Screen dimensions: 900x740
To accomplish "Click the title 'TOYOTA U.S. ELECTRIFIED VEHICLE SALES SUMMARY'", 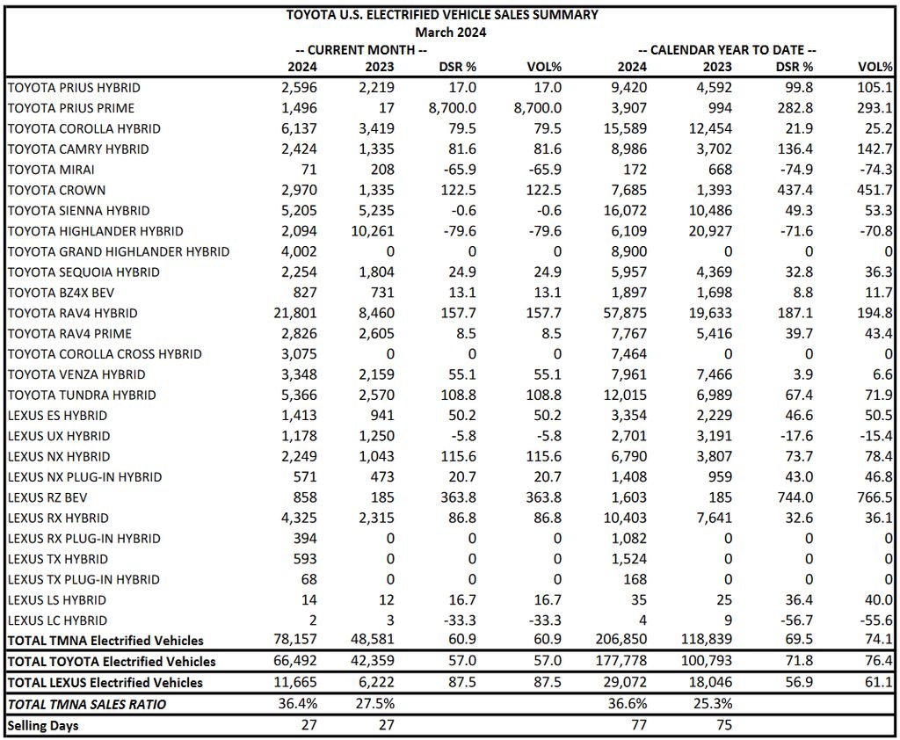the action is point(442,15).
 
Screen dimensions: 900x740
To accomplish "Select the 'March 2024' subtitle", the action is point(451,33).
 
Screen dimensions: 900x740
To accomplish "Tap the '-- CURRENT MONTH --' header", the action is point(361,50).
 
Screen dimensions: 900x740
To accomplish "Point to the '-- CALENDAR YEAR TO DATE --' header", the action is point(727,50).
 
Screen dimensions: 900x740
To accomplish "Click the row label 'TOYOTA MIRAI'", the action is point(51,170).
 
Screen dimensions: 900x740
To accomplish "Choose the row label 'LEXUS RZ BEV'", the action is point(47,497).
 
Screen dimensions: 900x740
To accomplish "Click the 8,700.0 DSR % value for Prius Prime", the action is point(453,108).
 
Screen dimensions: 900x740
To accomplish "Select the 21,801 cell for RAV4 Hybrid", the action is point(295,313).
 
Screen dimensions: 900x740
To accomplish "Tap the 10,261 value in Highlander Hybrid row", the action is point(373,231).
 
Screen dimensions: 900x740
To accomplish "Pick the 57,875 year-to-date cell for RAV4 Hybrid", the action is point(625,313).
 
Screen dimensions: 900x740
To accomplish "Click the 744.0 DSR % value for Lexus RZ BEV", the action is point(795,497).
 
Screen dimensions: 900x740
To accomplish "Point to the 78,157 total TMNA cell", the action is point(295,639).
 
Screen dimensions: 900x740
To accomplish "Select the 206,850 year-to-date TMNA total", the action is point(621,639).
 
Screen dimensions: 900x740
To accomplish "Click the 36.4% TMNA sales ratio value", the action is point(297,703).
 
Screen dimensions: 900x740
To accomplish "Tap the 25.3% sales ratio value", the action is point(713,703).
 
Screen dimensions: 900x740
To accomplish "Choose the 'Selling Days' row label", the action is point(43,726).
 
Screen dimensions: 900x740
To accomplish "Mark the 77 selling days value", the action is point(639,725).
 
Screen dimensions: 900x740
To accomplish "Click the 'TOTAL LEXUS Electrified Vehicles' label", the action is point(105,683).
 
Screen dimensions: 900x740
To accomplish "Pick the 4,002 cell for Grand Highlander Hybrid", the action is point(299,251).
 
